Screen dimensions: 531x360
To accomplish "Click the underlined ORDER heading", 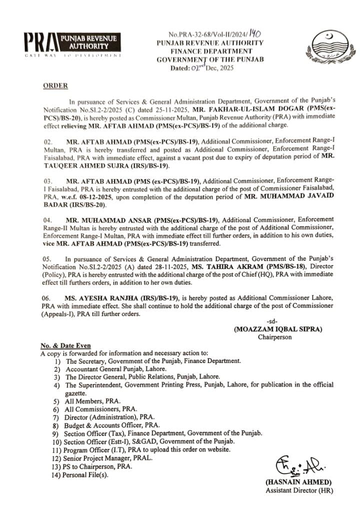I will (x=55, y=86).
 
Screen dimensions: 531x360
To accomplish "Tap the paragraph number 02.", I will (x=48, y=142).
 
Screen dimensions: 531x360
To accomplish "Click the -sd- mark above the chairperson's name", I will (x=272, y=321).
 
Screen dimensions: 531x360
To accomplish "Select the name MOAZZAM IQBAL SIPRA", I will (x=278, y=329).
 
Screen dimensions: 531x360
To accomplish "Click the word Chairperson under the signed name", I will (x=274, y=337).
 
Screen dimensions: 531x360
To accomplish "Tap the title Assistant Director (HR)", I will (x=298, y=490).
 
